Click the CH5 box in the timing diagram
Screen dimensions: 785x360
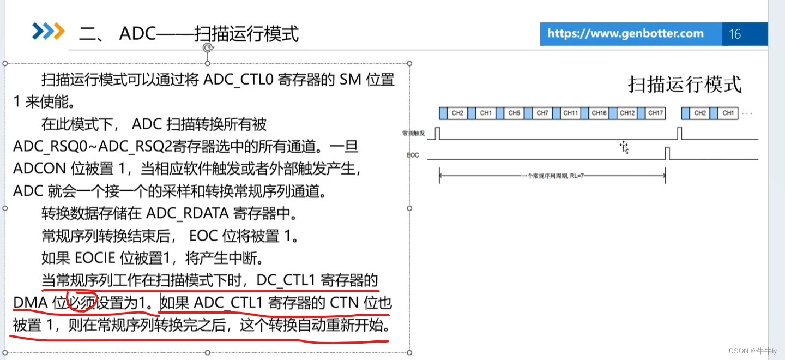click(x=514, y=113)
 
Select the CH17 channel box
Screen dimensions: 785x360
click(x=656, y=113)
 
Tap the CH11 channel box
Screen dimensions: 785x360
click(x=571, y=113)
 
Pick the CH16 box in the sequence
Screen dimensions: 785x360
click(x=599, y=113)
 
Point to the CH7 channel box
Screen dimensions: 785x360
click(x=542, y=113)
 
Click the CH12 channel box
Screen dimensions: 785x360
click(x=627, y=113)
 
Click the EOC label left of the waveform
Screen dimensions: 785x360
click(x=413, y=155)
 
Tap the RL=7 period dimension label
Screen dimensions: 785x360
click(x=552, y=176)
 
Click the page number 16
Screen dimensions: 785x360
click(x=735, y=34)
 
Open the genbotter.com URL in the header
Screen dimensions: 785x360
click(x=625, y=34)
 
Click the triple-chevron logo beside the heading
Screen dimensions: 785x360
click(x=48, y=32)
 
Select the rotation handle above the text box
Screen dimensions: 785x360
click(x=207, y=49)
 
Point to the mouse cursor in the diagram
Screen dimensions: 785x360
click(x=624, y=147)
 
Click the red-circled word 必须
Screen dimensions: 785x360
click(x=82, y=302)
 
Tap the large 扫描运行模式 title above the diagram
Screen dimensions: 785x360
click(x=685, y=85)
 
